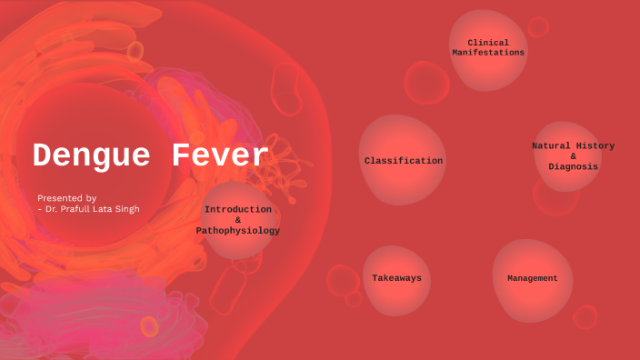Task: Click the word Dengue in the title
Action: [x=94, y=156]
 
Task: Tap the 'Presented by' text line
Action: [x=66, y=197]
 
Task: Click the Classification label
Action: [x=404, y=161]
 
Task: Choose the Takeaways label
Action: [x=396, y=278]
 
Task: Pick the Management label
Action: [x=533, y=278]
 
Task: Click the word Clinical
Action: [x=488, y=43]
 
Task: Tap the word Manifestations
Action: [x=488, y=53]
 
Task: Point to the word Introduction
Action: [x=238, y=209]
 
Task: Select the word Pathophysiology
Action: [x=238, y=231]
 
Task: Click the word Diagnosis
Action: [x=573, y=166]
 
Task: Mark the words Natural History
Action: [x=573, y=145]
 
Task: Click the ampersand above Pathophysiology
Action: [x=238, y=220]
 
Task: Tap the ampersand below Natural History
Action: [x=573, y=156]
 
